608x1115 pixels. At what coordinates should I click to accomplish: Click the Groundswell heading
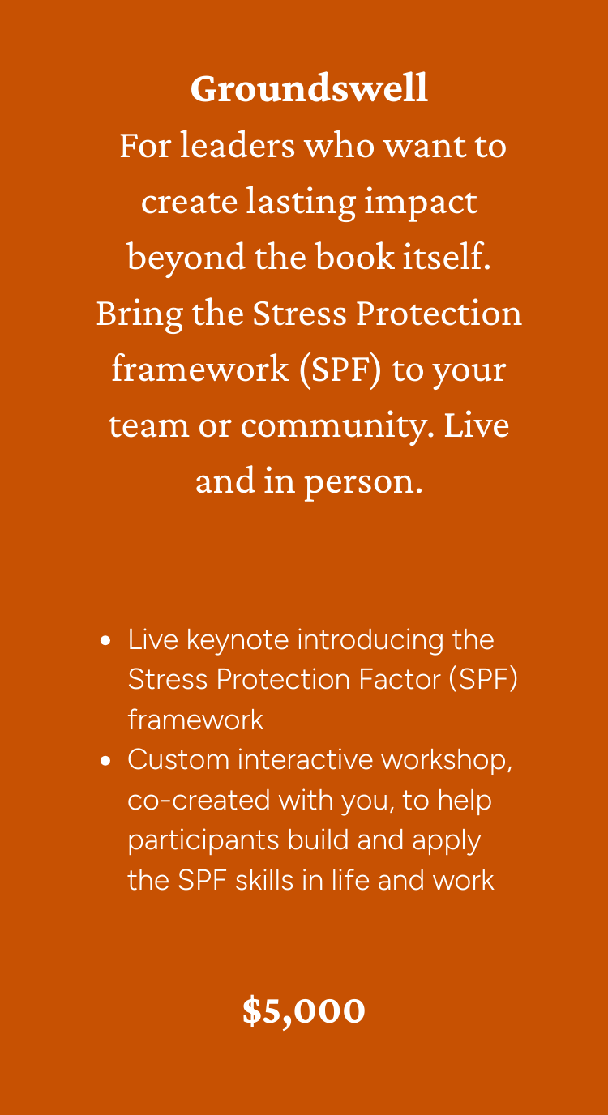point(309,88)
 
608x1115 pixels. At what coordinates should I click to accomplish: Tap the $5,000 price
point(304,1010)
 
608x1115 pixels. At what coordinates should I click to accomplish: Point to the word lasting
point(301,203)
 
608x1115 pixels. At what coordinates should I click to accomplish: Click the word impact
point(421,203)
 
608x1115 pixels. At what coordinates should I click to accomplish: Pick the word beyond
point(186,258)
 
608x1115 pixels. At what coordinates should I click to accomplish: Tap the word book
point(354,257)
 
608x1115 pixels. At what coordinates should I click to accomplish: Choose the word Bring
point(139,314)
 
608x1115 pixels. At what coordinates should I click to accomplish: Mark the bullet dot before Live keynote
point(105,640)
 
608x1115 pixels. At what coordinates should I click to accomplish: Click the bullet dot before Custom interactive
point(105,761)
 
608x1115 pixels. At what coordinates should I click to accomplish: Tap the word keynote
point(238,640)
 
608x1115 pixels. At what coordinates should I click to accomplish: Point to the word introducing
point(370,640)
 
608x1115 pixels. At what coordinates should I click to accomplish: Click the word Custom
point(178,759)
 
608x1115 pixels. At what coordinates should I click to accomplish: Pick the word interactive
point(305,759)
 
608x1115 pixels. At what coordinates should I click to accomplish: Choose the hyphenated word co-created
point(199,800)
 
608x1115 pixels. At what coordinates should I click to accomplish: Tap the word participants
point(203,841)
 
